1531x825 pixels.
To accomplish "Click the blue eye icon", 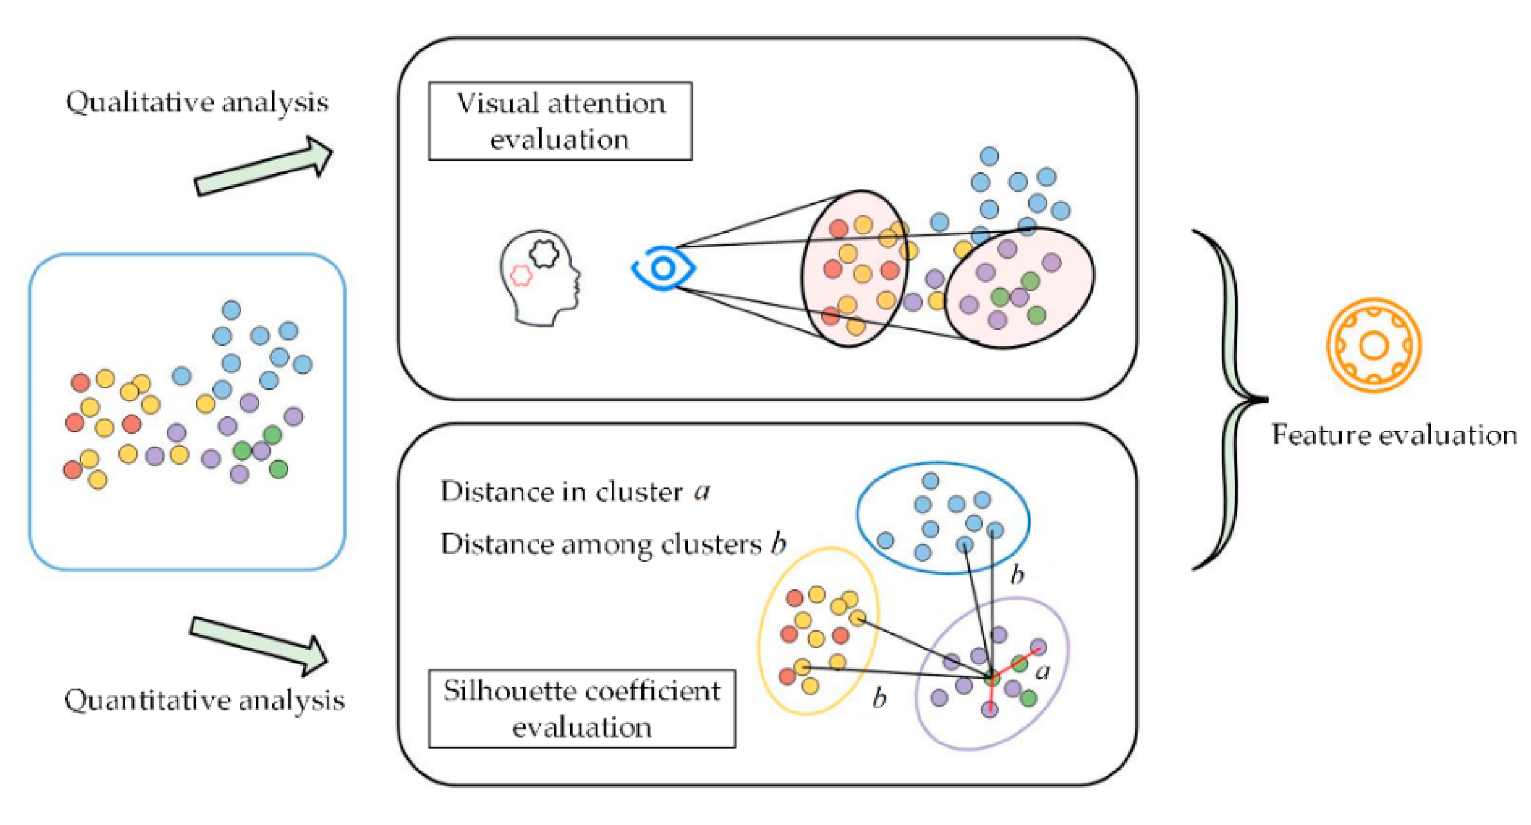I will click(x=663, y=268).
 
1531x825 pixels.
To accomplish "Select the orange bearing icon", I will click(x=1373, y=345).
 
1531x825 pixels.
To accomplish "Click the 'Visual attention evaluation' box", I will click(x=560, y=121).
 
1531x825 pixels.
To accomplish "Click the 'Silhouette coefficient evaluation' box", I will click(x=581, y=708).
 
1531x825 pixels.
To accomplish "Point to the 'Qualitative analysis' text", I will click(x=197, y=102).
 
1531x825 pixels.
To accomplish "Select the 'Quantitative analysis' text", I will click(x=204, y=700).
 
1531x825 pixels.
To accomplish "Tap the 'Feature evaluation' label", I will click(x=1394, y=435).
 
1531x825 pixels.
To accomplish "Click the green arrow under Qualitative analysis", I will click(x=263, y=167).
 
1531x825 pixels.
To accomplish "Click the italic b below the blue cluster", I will click(x=1018, y=574).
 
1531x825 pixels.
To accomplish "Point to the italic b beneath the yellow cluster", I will click(x=879, y=697).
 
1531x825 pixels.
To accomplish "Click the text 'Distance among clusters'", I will click(x=601, y=544).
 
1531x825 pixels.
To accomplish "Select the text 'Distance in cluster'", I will click(x=561, y=492).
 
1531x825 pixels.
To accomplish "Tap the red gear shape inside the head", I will click(x=521, y=275).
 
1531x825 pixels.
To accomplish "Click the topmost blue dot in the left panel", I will click(x=231, y=310).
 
